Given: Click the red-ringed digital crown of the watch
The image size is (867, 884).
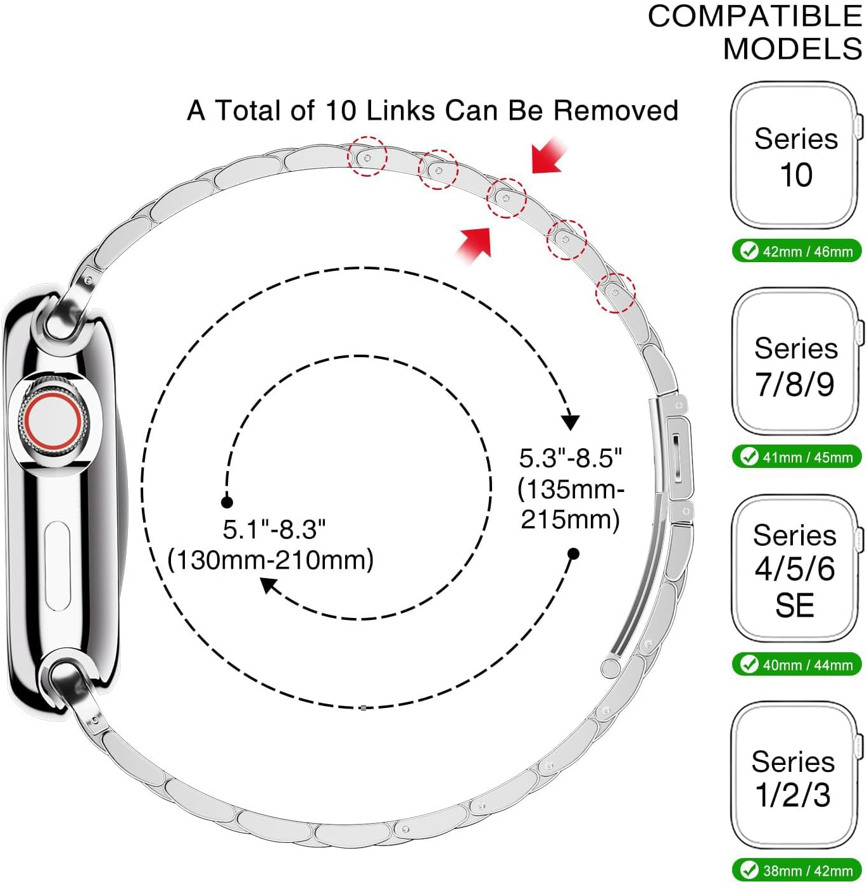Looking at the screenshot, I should coord(53,420).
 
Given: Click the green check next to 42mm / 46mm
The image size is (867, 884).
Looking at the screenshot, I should coord(749,251).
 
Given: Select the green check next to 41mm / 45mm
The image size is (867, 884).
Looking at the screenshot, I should coord(749,457).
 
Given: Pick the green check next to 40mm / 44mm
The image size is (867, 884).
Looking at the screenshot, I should coord(749,664).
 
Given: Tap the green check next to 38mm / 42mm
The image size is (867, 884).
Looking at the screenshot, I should coord(749,870).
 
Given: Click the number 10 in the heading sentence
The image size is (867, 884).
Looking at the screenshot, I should coord(341,111).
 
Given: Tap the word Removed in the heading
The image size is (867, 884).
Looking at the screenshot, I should coord(616,111).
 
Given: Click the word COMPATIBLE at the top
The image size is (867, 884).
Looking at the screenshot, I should coord(754,16).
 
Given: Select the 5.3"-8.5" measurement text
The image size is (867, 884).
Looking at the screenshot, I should coord(571,458).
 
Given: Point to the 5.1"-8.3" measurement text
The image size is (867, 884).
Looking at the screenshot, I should coord(274,529).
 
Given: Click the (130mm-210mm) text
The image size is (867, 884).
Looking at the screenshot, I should coord(271,560).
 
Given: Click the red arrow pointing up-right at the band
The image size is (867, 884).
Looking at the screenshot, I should coord(475,243).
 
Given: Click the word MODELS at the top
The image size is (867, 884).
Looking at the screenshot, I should coord(792,49).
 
